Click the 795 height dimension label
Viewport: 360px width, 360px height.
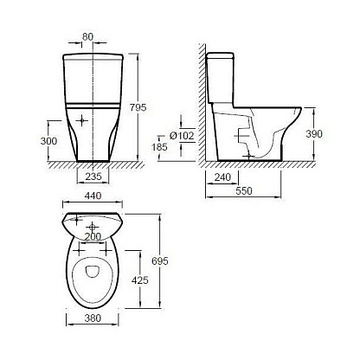138,107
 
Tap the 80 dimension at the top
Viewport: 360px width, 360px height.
87,36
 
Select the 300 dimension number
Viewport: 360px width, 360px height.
48,141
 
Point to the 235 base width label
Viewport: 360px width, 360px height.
93,177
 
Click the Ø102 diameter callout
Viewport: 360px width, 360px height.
182,135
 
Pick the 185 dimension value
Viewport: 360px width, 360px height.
159,147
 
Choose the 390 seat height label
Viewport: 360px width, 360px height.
314,134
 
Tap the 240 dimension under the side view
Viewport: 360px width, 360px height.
222,177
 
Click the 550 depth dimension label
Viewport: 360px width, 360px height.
244,190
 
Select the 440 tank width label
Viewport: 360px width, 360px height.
93,196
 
